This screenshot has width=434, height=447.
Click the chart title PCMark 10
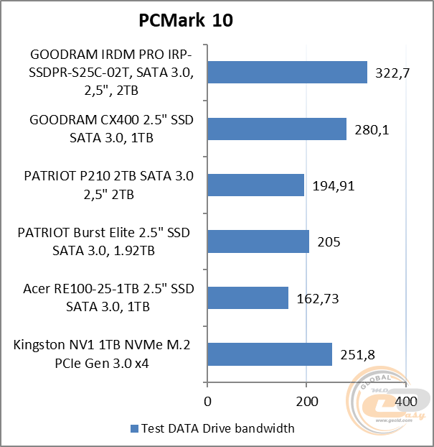[x=186, y=22]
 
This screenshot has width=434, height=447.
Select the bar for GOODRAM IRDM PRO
[x=287, y=72]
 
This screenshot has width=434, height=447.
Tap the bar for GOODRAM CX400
[x=277, y=129]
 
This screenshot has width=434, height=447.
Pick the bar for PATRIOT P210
[x=255, y=185]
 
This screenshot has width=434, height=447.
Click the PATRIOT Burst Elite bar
[x=258, y=241]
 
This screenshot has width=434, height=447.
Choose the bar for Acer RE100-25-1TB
[x=247, y=298]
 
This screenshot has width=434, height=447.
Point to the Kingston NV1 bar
[x=270, y=354]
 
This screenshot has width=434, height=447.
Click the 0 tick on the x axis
[x=207, y=400]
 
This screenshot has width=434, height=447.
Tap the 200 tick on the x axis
[x=306, y=400]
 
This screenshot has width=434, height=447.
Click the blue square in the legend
[x=133, y=429]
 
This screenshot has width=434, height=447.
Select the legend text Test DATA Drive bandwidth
[x=217, y=429]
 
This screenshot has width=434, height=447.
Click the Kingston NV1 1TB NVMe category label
[x=101, y=354]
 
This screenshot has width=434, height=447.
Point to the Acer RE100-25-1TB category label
[x=108, y=298]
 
